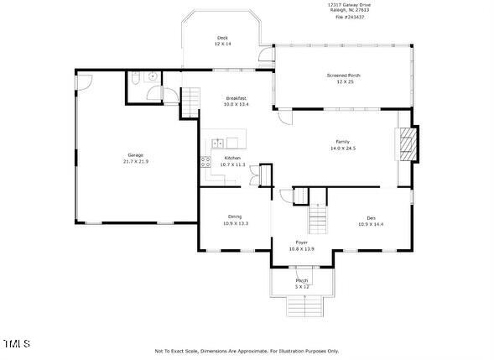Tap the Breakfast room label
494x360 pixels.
pyautogui.click(x=236, y=101)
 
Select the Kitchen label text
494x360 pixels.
pyautogui.click(x=231, y=161)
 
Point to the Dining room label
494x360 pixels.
pyautogui.click(x=236, y=220)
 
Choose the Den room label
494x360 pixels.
pyautogui.click(x=370, y=221)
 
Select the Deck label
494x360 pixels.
pyautogui.click(x=222, y=40)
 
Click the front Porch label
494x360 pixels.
pyautogui.click(x=301, y=283)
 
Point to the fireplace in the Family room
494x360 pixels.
pyautogui.click(x=406, y=143)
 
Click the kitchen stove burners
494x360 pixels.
pyautogui.click(x=206, y=163)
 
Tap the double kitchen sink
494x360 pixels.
pyautogui.click(x=218, y=143)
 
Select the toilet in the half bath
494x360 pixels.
pyautogui.click(x=136, y=80)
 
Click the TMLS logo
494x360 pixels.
pyautogui.click(x=17, y=344)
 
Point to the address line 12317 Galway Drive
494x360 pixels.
pyautogui.click(x=349, y=4)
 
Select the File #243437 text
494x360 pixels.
pyautogui.click(x=349, y=16)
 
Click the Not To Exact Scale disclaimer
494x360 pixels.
pyautogui.click(x=247, y=351)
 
